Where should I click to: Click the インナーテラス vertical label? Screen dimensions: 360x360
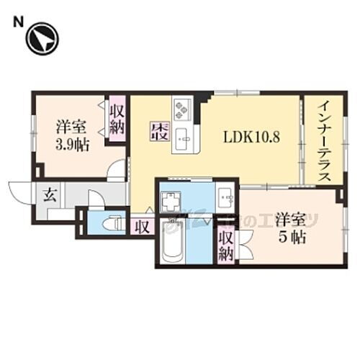click(x=320, y=141)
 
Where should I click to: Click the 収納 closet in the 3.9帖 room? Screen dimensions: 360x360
click(x=117, y=120)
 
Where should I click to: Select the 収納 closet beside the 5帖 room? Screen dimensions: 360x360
click(x=225, y=245)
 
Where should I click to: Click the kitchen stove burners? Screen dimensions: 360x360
click(x=181, y=109)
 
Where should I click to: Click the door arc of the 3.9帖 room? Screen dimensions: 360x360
click(x=115, y=171)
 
